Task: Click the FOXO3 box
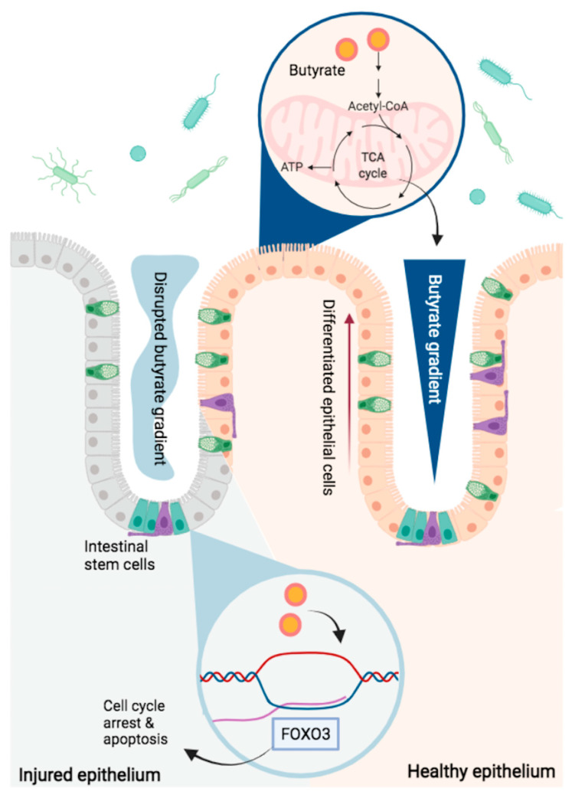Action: pos(306,734)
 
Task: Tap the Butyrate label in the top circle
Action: pos(316,70)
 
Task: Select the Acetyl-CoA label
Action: pos(378,106)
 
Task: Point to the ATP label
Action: pos(292,166)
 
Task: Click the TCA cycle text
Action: pos(372,165)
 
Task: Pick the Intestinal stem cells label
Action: pos(119,555)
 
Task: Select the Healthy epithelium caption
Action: pos(481,771)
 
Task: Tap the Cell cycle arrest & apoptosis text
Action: pos(135,722)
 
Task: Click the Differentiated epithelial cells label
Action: pos(328,397)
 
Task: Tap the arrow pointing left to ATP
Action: pos(318,168)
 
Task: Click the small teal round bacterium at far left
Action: pos(138,153)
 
